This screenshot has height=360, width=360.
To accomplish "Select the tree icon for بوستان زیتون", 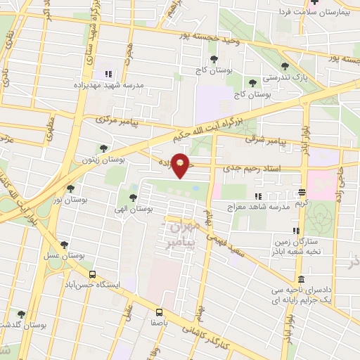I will [104, 148].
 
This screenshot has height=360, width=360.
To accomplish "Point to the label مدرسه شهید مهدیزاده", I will [108, 84].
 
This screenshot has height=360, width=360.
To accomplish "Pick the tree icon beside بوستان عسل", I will [64, 245].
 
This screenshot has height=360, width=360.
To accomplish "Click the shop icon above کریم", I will [302, 191].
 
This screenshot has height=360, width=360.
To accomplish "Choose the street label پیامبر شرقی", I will [266, 140].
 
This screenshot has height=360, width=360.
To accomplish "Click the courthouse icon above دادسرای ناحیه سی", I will [301, 278].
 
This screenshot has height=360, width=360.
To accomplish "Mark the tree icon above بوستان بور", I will [70, 188].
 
